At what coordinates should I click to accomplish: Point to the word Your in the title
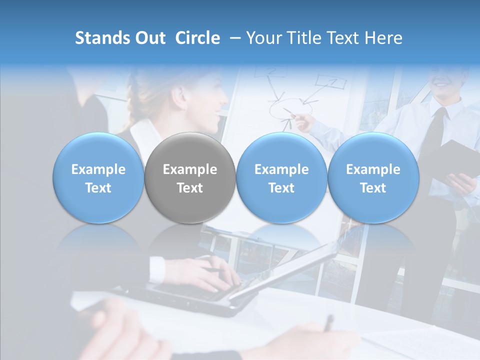click(263, 38)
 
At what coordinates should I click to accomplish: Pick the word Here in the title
click(385, 38)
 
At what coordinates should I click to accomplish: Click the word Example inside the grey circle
click(190, 169)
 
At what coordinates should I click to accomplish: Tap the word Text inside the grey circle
click(190, 188)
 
